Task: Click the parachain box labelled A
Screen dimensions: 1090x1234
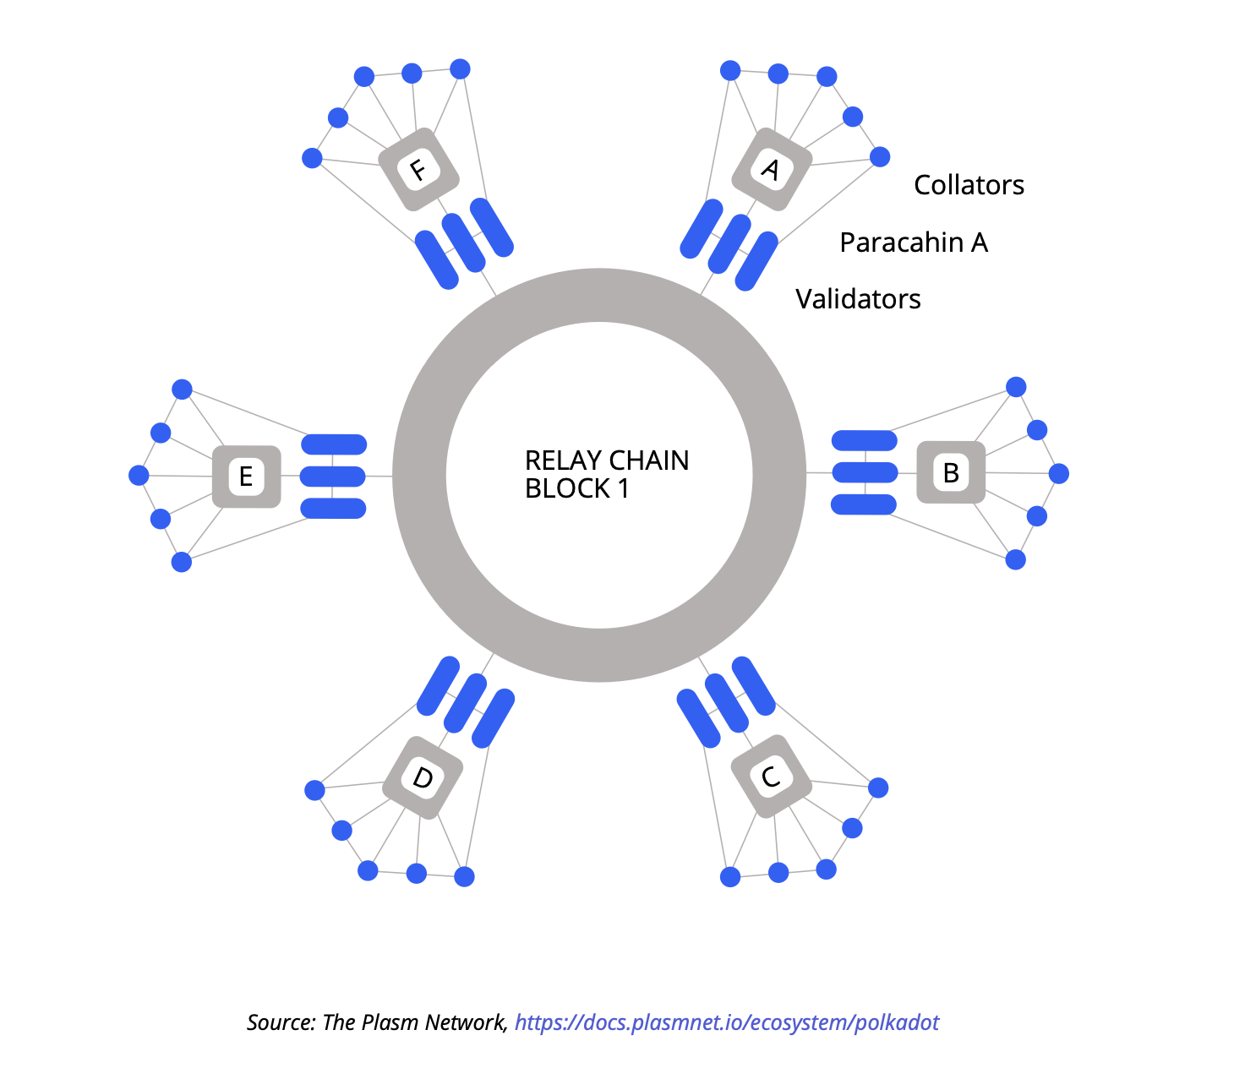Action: (x=771, y=170)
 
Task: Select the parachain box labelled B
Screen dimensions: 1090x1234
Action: (x=951, y=472)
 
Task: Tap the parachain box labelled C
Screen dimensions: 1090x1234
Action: (x=771, y=776)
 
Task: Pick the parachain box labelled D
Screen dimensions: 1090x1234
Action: (x=423, y=777)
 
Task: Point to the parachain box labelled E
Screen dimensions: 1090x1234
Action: (x=246, y=476)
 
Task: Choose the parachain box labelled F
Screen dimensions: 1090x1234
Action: (x=418, y=169)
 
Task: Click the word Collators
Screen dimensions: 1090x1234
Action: (x=969, y=185)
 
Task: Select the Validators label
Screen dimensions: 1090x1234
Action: (x=858, y=299)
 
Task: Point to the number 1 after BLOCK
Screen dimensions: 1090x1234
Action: (x=624, y=488)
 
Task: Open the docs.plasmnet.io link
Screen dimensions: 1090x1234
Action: (x=727, y=1022)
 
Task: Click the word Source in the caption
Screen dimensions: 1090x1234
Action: (x=280, y=1022)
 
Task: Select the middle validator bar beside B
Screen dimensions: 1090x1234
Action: (x=865, y=472)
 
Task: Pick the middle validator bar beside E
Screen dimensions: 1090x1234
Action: (x=333, y=477)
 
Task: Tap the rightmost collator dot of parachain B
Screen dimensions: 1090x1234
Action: (x=1058, y=473)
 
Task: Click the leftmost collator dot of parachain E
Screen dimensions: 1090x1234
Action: (x=139, y=476)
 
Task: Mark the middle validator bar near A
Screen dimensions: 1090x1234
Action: (x=729, y=244)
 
